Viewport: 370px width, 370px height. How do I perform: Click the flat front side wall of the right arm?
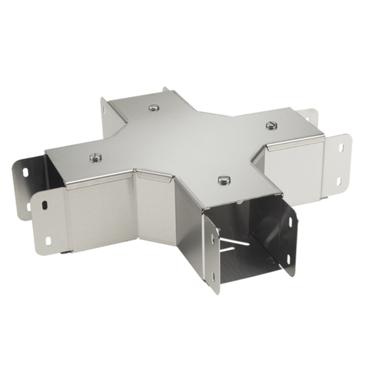292,159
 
